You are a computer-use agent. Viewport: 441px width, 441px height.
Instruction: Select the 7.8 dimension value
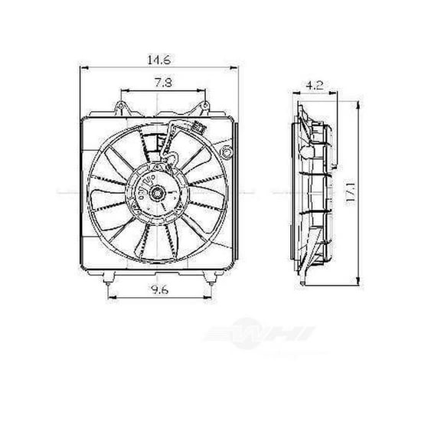(x=159, y=81)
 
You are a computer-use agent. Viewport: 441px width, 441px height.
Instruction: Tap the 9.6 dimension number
(x=159, y=290)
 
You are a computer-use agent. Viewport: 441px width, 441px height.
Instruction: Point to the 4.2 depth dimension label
(x=312, y=87)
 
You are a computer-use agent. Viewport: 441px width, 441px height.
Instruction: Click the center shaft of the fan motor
(x=156, y=194)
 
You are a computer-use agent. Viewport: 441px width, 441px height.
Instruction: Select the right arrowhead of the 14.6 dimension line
(x=234, y=68)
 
